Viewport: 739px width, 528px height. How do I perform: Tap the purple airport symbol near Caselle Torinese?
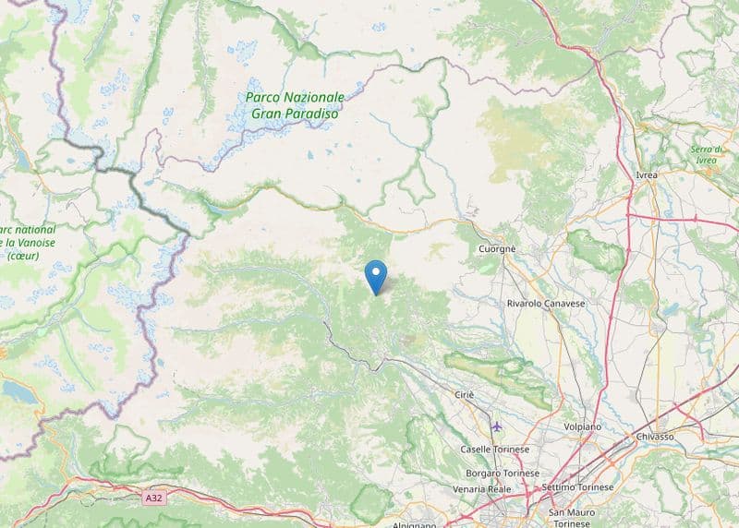pos(498,426)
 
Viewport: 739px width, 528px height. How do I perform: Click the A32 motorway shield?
pos(154,498)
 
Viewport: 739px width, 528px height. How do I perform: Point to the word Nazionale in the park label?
pos(312,97)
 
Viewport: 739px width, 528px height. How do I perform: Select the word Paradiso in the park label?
pos(314,114)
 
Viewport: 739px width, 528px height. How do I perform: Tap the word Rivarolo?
pos(529,303)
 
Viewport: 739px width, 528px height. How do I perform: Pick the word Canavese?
pos(579,303)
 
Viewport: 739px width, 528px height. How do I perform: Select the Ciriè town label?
pos(464,394)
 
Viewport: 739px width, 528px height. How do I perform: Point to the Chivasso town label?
pos(655,436)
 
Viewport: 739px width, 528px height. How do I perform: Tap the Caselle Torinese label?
pos(495,450)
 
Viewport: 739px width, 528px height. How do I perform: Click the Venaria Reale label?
pos(482,488)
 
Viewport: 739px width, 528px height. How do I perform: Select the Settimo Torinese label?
pos(579,486)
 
